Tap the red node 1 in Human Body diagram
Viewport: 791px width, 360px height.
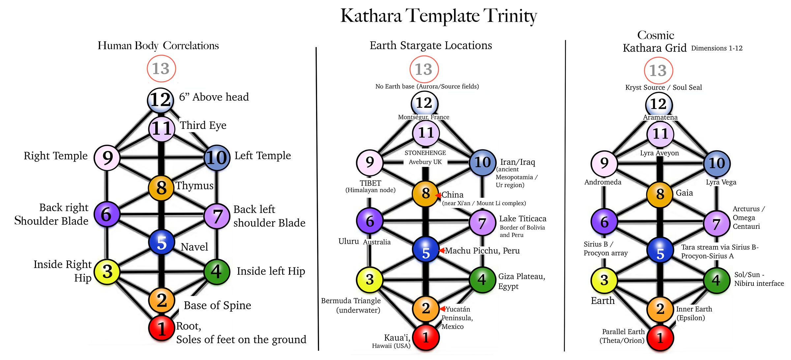[161, 328]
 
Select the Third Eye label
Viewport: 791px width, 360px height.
[203, 125]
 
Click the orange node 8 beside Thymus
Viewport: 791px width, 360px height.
[161, 188]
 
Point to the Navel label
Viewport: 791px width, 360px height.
[194, 247]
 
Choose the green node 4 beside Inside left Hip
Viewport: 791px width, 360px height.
[217, 272]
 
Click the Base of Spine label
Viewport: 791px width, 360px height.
[217, 305]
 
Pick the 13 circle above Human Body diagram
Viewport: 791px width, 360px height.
[161, 69]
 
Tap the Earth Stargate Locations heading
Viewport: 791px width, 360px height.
[430, 45]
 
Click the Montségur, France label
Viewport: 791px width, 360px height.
[424, 117]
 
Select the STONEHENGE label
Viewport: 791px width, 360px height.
[425, 153]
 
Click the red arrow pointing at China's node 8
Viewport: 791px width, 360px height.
[438, 195]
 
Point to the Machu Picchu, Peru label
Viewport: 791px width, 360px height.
[482, 251]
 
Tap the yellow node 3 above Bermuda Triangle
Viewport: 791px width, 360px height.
[370, 280]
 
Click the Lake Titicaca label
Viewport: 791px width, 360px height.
[522, 219]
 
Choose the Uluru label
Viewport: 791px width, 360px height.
[348, 241]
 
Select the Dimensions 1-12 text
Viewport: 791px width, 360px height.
[717, 48]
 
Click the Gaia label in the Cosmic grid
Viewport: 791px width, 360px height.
[684, 193]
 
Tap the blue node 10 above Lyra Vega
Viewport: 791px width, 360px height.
[717, 163]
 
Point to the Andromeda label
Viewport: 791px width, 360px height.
[602, 182]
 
